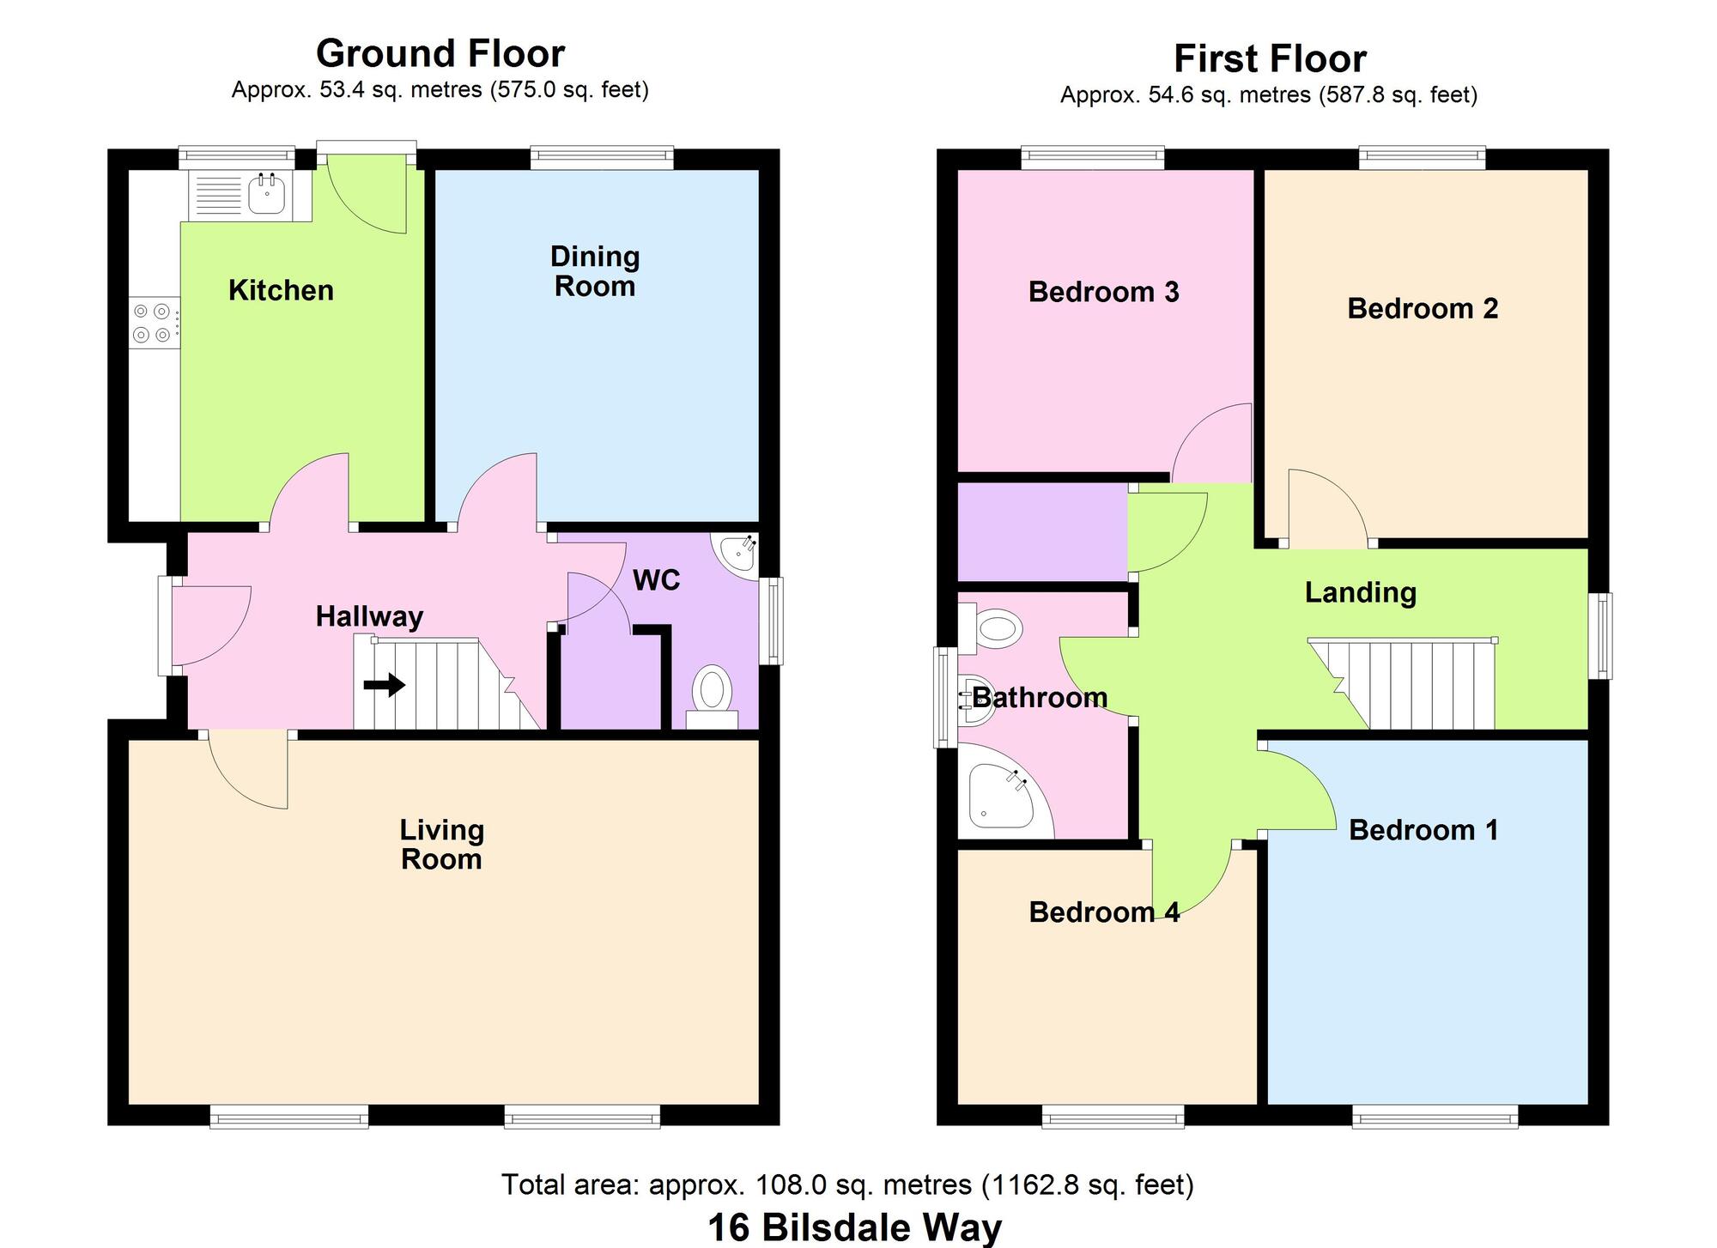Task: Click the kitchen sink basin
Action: click(267, 195)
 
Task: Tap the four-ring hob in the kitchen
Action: click(151, 323)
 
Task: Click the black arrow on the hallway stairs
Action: click(384, 685)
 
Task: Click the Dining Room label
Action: click(595, 271)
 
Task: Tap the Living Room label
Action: click(442, 845)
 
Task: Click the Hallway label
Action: click(369, 616)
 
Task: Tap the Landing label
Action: click(1360, 592)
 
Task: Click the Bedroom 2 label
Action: click(1422, 308)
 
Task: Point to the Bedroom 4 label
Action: click(1103, 912)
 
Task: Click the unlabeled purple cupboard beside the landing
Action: click(1041, 532)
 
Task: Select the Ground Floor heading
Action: click(440, 53)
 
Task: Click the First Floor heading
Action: click(1270, 59)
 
